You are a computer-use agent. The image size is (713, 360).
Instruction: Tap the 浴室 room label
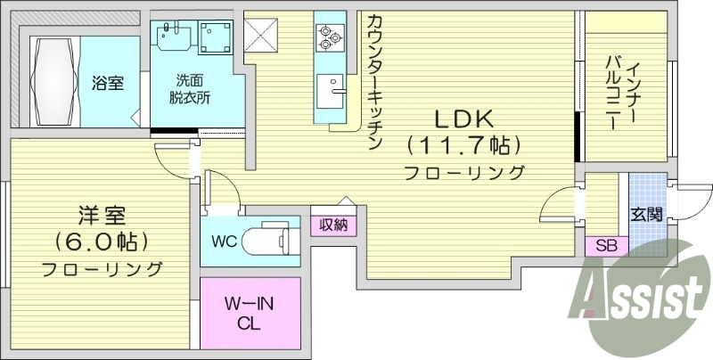108,83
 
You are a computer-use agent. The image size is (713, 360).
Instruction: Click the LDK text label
463,119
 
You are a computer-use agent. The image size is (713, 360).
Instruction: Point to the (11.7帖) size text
463,144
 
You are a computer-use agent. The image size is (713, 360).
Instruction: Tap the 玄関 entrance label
646,214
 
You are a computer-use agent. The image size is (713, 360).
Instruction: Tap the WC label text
223,241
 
